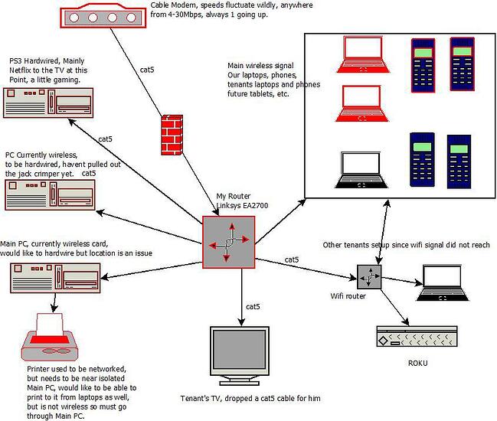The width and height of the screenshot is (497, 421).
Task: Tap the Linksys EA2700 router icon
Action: click(227, 242)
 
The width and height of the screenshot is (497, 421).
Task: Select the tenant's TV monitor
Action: click(240, 352)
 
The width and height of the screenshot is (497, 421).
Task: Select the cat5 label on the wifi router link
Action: click(292, 260)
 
